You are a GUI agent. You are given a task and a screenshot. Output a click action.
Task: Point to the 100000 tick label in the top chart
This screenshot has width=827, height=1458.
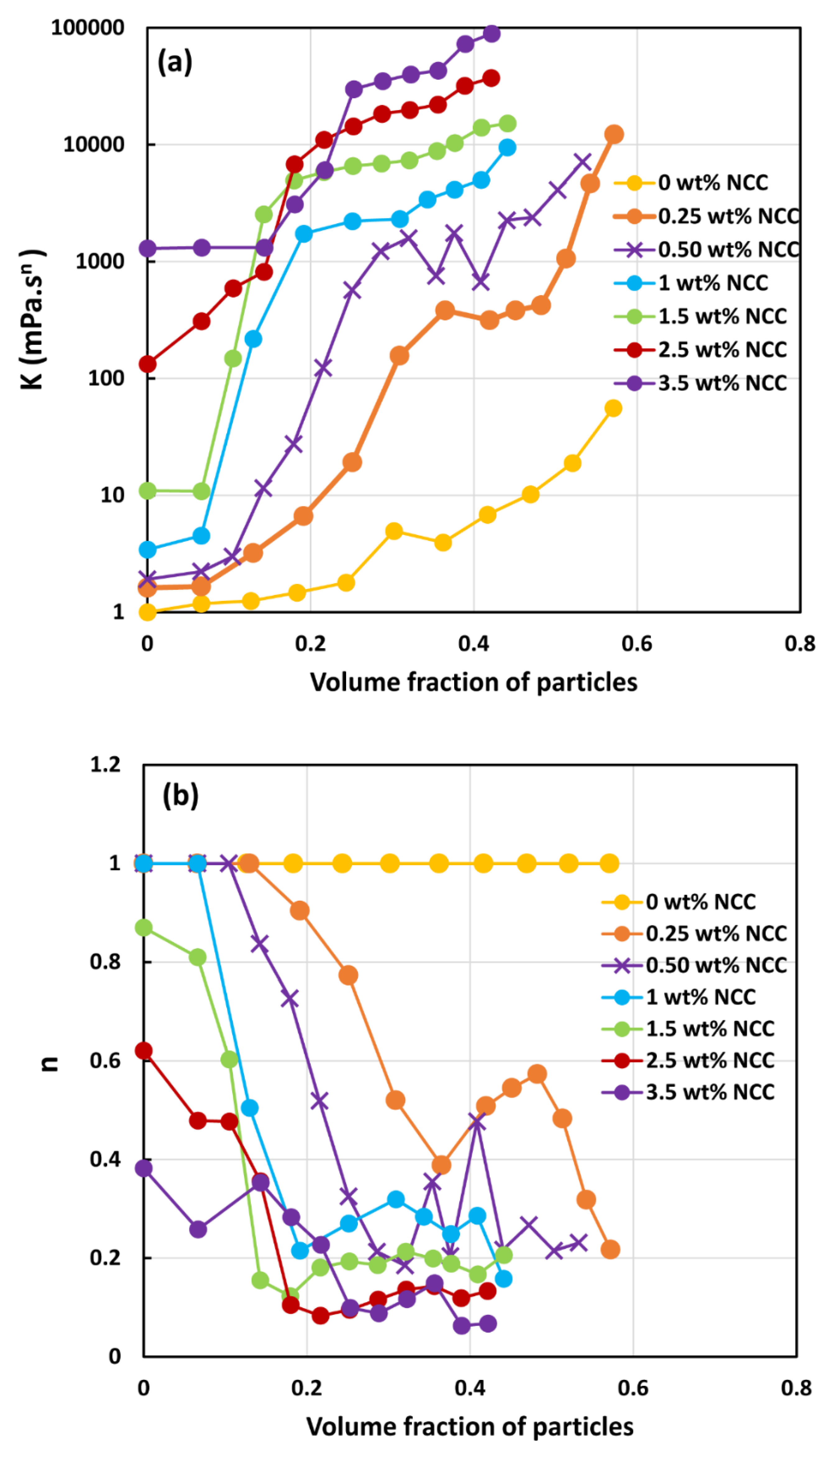tap(88, 27)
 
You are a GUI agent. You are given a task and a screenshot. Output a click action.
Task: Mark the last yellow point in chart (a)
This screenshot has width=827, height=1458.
tap(613, 408)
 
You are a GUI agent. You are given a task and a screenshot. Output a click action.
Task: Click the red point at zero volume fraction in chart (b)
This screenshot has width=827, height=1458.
tap(144, 1051)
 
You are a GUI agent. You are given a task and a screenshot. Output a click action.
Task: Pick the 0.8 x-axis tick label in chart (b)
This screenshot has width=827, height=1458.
tap(796, 1388)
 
